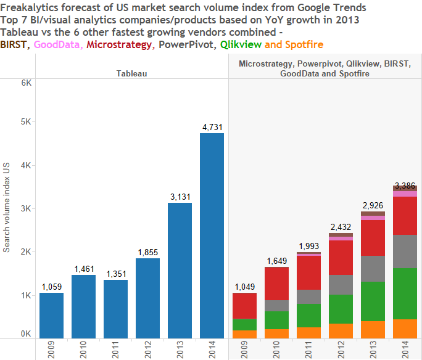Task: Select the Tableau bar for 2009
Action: tap(52, 315)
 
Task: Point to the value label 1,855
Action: tap(147, 252)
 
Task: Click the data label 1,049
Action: tap(245, 287)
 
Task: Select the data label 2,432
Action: tap(341, 227)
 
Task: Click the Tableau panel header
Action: tap(132, 73)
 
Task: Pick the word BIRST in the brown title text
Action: tap(14, 44)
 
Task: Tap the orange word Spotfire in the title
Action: tap(303, 44)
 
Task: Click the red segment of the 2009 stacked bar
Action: tap(245, 306)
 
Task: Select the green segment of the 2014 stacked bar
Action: tap(405, 293)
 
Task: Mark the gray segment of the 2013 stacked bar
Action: tap(373, 269)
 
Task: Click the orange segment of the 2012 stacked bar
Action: tap(341, 331)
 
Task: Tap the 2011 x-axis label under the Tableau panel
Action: tap(115, 350)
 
